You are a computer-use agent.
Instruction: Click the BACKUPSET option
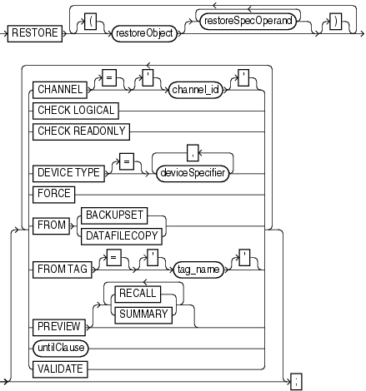pos(122,215)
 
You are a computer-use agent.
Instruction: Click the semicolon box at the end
pos(297,381)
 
